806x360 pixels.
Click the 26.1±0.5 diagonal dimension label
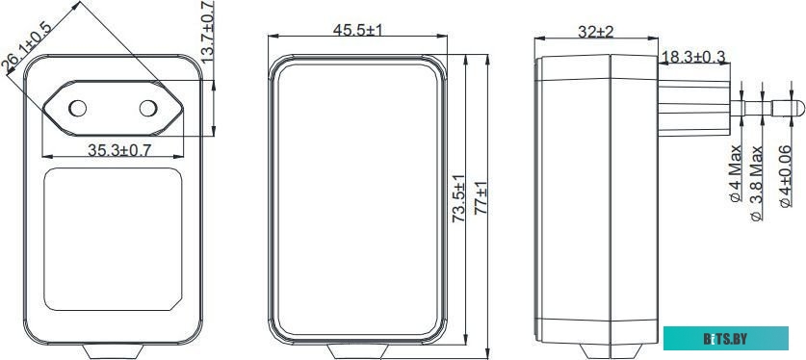pos(28,47)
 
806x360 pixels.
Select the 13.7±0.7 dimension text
pos(208,32)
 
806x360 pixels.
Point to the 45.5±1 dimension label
pos(358,30)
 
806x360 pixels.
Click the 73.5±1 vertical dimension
pos(458,198)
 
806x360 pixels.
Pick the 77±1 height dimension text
pos(481,198)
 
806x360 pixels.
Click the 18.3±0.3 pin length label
pos(694,57)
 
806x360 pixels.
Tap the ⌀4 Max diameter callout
pos(736,173)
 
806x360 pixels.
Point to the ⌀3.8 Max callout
pos(757,183)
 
